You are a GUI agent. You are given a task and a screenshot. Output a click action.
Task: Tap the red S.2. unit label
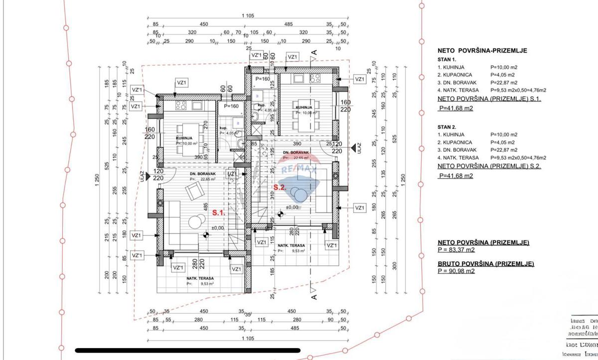coord(279,188)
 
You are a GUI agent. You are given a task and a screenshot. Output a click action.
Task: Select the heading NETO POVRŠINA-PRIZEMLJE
coord(482,50)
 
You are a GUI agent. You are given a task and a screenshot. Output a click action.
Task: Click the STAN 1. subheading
coord(447,59)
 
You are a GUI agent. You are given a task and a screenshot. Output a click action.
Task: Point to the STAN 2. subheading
coord(447,127)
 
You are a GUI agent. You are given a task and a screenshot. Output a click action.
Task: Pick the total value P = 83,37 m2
coord(456,250)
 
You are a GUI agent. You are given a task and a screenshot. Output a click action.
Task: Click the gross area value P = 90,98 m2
coord(456,271)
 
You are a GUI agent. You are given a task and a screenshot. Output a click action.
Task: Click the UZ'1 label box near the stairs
coord(232,173)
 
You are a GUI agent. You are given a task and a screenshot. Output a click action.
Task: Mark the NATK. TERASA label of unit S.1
coord(200,278)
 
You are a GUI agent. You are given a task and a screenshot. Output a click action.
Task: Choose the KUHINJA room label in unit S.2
coord(304,108)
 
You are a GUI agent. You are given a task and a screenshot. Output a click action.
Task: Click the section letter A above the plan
coord(314,52)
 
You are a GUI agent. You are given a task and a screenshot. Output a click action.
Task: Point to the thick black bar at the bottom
coord(187,351)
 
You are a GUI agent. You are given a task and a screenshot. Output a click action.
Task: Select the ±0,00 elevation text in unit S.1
coord(218,228)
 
